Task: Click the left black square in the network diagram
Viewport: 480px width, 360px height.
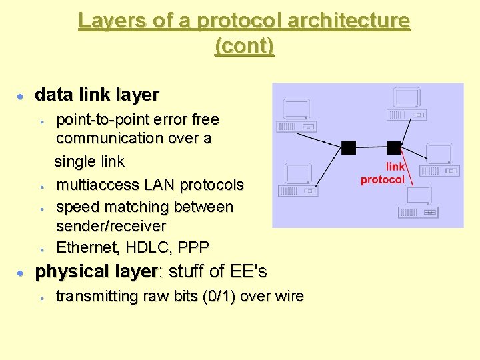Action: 349,147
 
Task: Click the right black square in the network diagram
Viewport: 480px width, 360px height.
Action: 393,147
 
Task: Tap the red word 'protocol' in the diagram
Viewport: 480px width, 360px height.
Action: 383,179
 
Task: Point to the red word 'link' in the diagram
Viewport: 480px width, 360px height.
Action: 395,167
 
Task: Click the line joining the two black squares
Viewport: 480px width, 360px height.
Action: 371,147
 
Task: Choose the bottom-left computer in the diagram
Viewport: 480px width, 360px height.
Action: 299,181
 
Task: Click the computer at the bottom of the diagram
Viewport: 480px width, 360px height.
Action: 417,203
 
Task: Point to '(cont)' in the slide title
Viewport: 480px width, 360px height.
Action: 245,47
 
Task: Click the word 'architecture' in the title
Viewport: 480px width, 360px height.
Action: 349,21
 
